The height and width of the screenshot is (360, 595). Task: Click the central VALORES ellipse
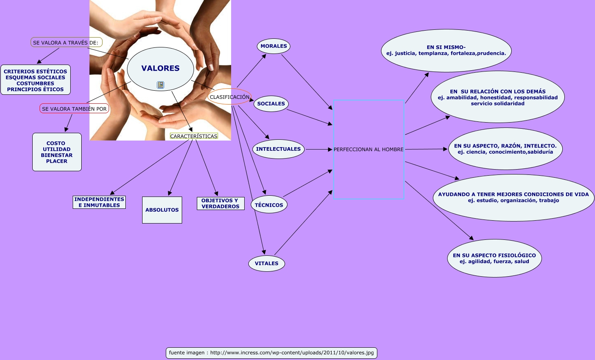[x=160, y=68]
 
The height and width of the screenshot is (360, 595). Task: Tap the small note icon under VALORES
[x=160, y=85]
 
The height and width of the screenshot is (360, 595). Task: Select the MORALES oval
[x=274, y=46]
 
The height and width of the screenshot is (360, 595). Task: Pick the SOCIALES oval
[x=271, y=104]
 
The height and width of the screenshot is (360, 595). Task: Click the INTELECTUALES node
[x=278, y=149]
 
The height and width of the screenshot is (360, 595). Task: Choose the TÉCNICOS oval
[x=269, y=205]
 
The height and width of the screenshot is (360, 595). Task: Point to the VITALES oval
[x=266, y=264]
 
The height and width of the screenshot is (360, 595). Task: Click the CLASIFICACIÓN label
[x=230, y=97]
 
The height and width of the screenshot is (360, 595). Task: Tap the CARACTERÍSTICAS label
[x=194, y=136]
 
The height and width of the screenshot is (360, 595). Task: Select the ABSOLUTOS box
[x=162, y=210]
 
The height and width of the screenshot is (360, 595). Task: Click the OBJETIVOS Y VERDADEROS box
[x=220, y=203]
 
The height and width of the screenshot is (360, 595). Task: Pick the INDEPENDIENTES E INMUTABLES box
[x=99, y=202]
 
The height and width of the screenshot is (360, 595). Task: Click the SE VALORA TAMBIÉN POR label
[x=74, y=109]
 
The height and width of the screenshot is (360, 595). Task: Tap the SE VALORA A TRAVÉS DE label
[x=66, y=42]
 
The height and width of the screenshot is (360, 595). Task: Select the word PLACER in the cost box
[x=57, y=161]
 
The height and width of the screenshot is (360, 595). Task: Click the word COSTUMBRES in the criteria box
[x=36, y=83]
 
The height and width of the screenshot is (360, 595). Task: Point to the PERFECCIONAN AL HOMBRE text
[x=368, y=150]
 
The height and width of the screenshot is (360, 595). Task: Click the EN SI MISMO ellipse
[x=446, y=50]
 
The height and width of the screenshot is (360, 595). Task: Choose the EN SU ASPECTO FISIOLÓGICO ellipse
[x=494, y=258]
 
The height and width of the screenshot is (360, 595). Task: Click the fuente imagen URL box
[x=271, y=353]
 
